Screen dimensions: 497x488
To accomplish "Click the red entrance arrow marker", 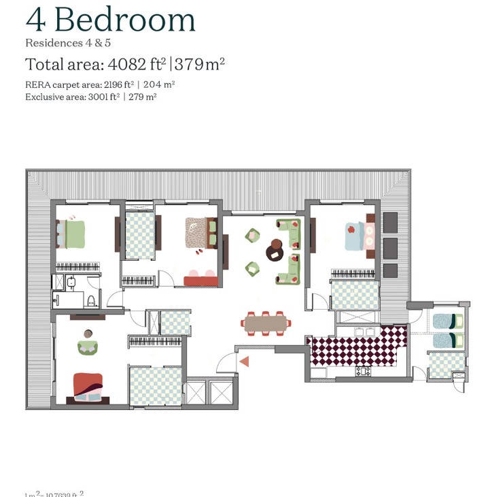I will (244, 362).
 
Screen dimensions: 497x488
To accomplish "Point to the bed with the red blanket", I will (88, 387).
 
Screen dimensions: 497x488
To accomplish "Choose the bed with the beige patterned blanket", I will (199, 234).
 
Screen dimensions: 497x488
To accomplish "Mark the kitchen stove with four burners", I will (363, 372).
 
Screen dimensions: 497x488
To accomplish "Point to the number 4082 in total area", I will (133, 65).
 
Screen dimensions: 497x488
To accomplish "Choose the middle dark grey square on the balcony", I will (390, 246).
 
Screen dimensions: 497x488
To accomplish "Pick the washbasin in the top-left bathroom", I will (71, 283).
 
